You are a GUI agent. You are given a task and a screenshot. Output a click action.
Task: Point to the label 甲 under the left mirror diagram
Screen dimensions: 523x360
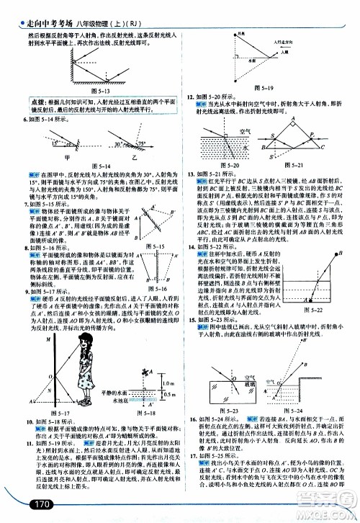pos(66,156)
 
